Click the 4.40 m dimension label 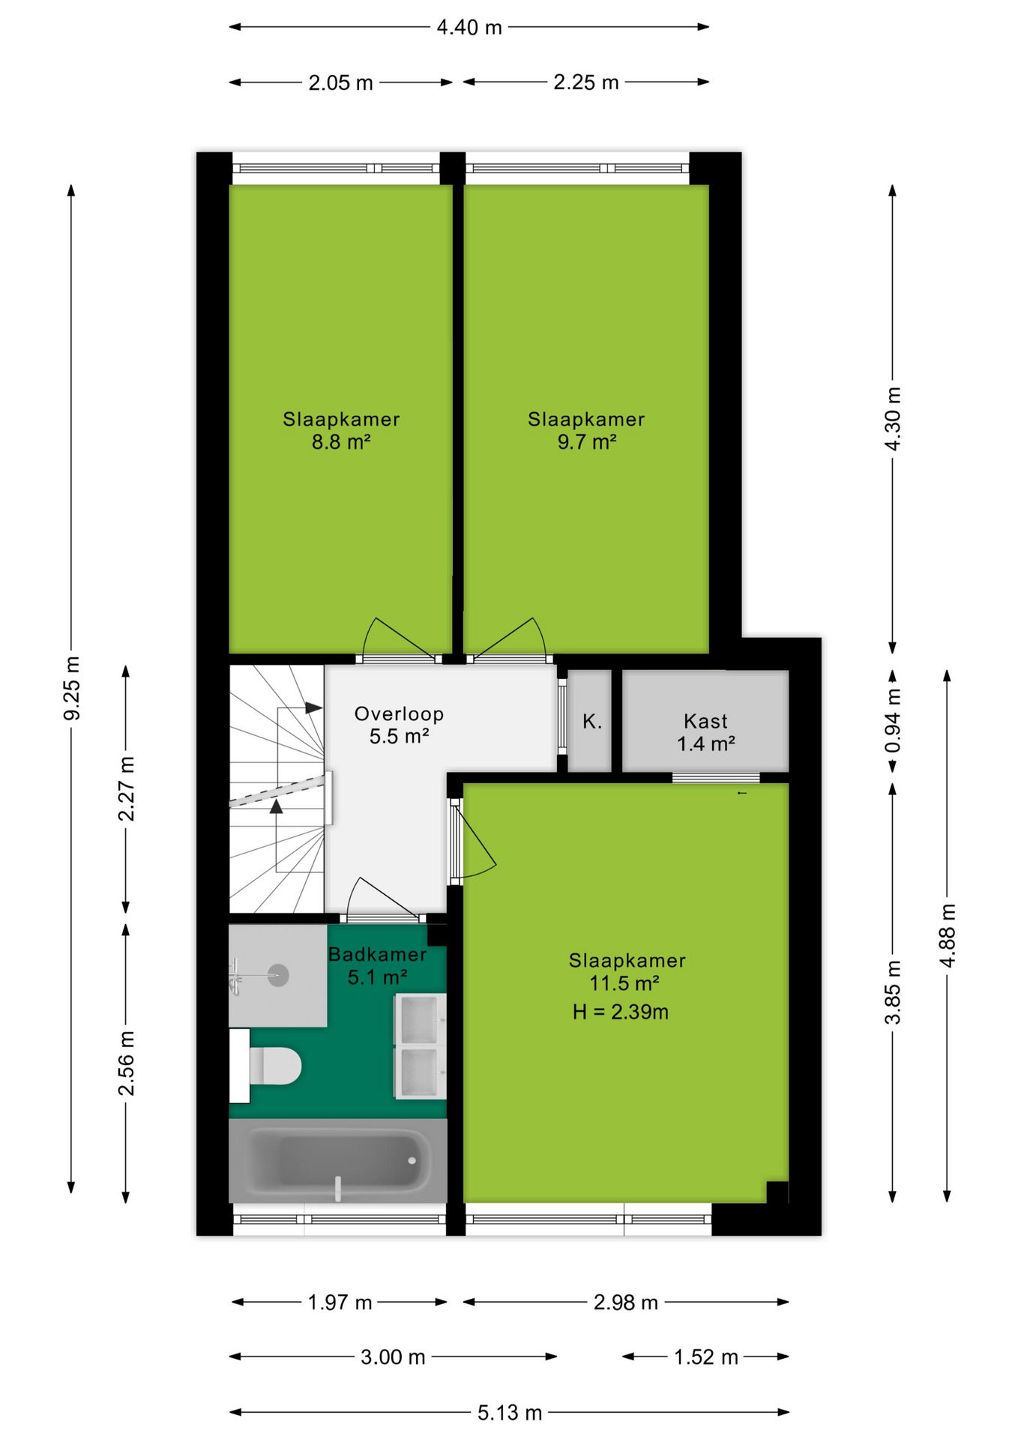coord(469,27)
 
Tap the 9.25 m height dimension coord(72,687)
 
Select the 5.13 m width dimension coord(510,1413)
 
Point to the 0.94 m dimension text coord(893,721)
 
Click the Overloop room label coord(399,714)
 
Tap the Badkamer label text coord(378,954)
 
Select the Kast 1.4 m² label coord(706,732)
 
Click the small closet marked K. coord(591,721)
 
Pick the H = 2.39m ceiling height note coord(621,1012)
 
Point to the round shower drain coord(278,975)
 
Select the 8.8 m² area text coord(341,442)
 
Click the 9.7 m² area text coord(587,442)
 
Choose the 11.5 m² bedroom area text coord(624,983)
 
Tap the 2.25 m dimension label coord(586,82)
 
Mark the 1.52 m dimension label coord(706,1357)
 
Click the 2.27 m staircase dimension coord(127,788)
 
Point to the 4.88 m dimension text coord(948,935)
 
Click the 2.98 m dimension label coord(626,1303)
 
